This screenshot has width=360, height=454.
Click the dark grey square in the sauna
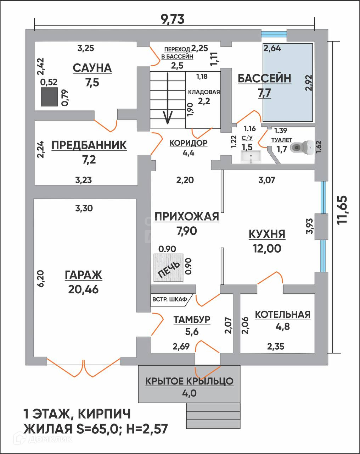point(49,97)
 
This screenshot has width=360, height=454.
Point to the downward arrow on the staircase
point(168,98)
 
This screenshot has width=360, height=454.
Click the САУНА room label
point(92,68)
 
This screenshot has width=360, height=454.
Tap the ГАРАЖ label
point(83,275)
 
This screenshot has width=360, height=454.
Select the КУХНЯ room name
point(267,234)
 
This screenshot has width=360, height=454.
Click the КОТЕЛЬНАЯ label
point(283,315)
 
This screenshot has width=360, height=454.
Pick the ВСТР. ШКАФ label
point(170,299)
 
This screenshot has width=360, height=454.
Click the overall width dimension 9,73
point(173,20)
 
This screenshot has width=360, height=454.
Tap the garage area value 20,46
point(83,289)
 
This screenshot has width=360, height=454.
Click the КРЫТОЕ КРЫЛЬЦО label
point(189,381)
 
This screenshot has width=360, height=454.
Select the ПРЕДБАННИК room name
point(89,145)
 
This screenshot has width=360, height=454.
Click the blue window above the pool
point(274,34)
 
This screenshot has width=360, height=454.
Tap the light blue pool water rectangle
point(287,83)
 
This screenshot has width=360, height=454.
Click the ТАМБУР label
point(192,320)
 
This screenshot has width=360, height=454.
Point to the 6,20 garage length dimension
point(41,278)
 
